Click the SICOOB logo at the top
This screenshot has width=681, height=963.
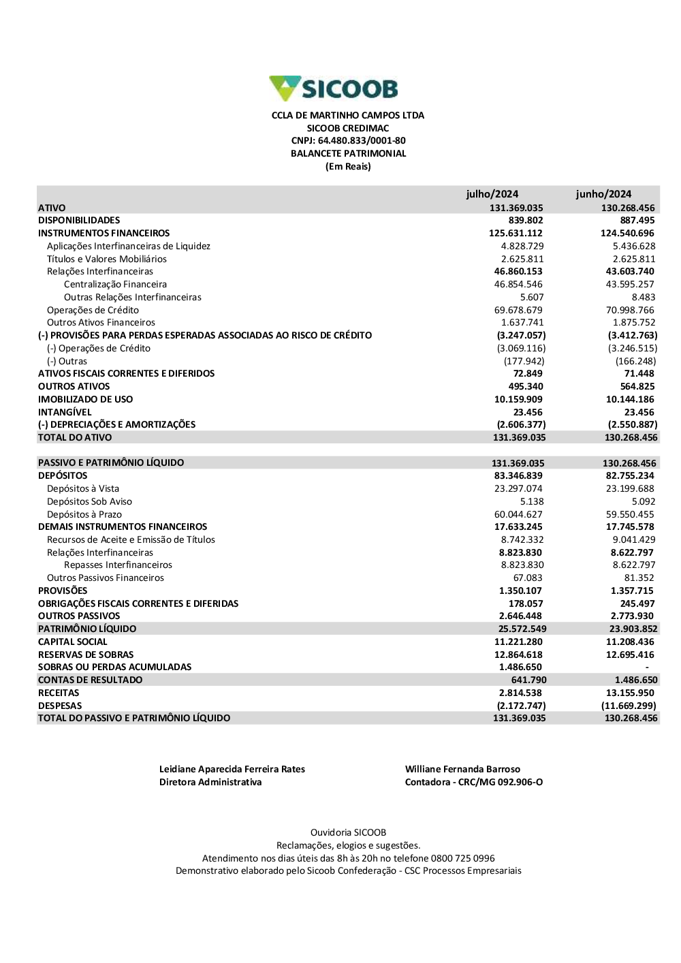click(334, 89)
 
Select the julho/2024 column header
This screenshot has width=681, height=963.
click(492, 194)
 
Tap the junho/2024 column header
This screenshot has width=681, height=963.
click(603, 194)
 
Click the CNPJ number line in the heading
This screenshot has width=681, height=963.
click(348, 141)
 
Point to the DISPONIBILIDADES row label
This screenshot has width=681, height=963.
click(79, 221)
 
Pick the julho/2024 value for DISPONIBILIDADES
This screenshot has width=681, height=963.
click(526, 221)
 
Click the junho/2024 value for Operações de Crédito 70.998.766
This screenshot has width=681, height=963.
click(630, 310)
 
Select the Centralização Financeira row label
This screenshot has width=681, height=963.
click(115, 285)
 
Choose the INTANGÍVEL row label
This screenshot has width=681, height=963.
click(65, 412)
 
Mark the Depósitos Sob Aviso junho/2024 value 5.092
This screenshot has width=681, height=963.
click(643, 501)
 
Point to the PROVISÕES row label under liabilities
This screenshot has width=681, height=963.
click(63, 591)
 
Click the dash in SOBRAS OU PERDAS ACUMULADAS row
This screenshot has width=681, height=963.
click(647, 667)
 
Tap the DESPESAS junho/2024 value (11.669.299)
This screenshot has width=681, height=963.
click(629, 706)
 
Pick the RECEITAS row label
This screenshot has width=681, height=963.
click(59, 693)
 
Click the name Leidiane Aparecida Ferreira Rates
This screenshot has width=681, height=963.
click(232, 770)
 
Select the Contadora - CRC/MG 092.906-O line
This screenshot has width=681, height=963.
click(474, 783)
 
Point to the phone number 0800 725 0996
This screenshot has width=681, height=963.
click(466, 859)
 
